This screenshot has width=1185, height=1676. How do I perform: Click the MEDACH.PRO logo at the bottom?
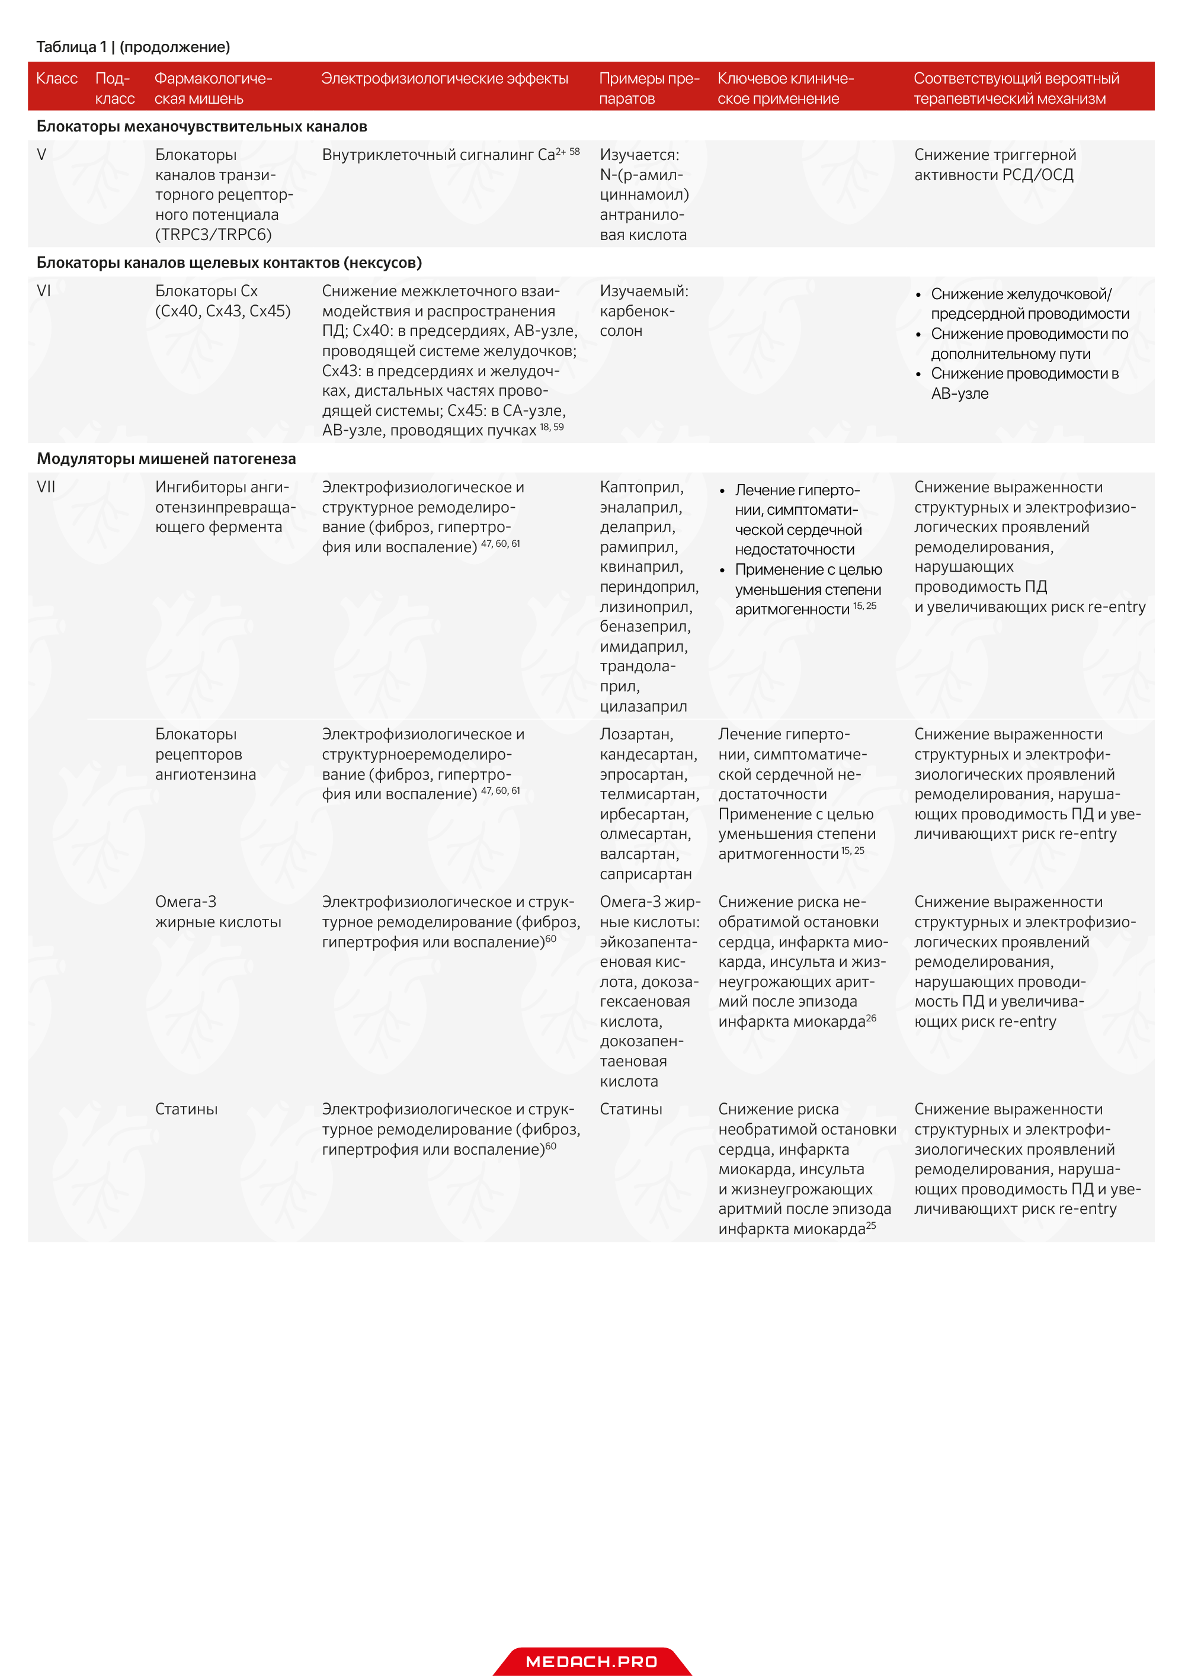click(591, 1661)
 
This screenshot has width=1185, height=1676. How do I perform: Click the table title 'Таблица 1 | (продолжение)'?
click(133, 47)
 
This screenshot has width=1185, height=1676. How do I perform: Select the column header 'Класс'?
click(57, 79)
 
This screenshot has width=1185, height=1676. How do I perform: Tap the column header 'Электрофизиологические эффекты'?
click(444, 79)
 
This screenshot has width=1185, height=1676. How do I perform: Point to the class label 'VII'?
click(46, 488)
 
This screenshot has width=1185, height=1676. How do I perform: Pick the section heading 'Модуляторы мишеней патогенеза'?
click(166, 459)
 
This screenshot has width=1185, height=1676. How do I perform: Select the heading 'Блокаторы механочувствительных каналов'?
click(201, 127)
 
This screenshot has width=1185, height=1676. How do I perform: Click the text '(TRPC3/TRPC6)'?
click(213, 235)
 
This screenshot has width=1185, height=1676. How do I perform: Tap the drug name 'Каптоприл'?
click(641, 488)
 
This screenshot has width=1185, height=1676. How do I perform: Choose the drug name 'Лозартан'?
click(636, 735)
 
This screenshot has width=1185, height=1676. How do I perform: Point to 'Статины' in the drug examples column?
click(631, 1110)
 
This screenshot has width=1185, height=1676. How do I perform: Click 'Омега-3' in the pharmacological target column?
click(185, 902)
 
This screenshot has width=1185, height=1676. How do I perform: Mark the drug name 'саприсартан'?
click(645, 874)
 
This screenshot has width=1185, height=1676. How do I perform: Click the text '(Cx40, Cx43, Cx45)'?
click(223, 312)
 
